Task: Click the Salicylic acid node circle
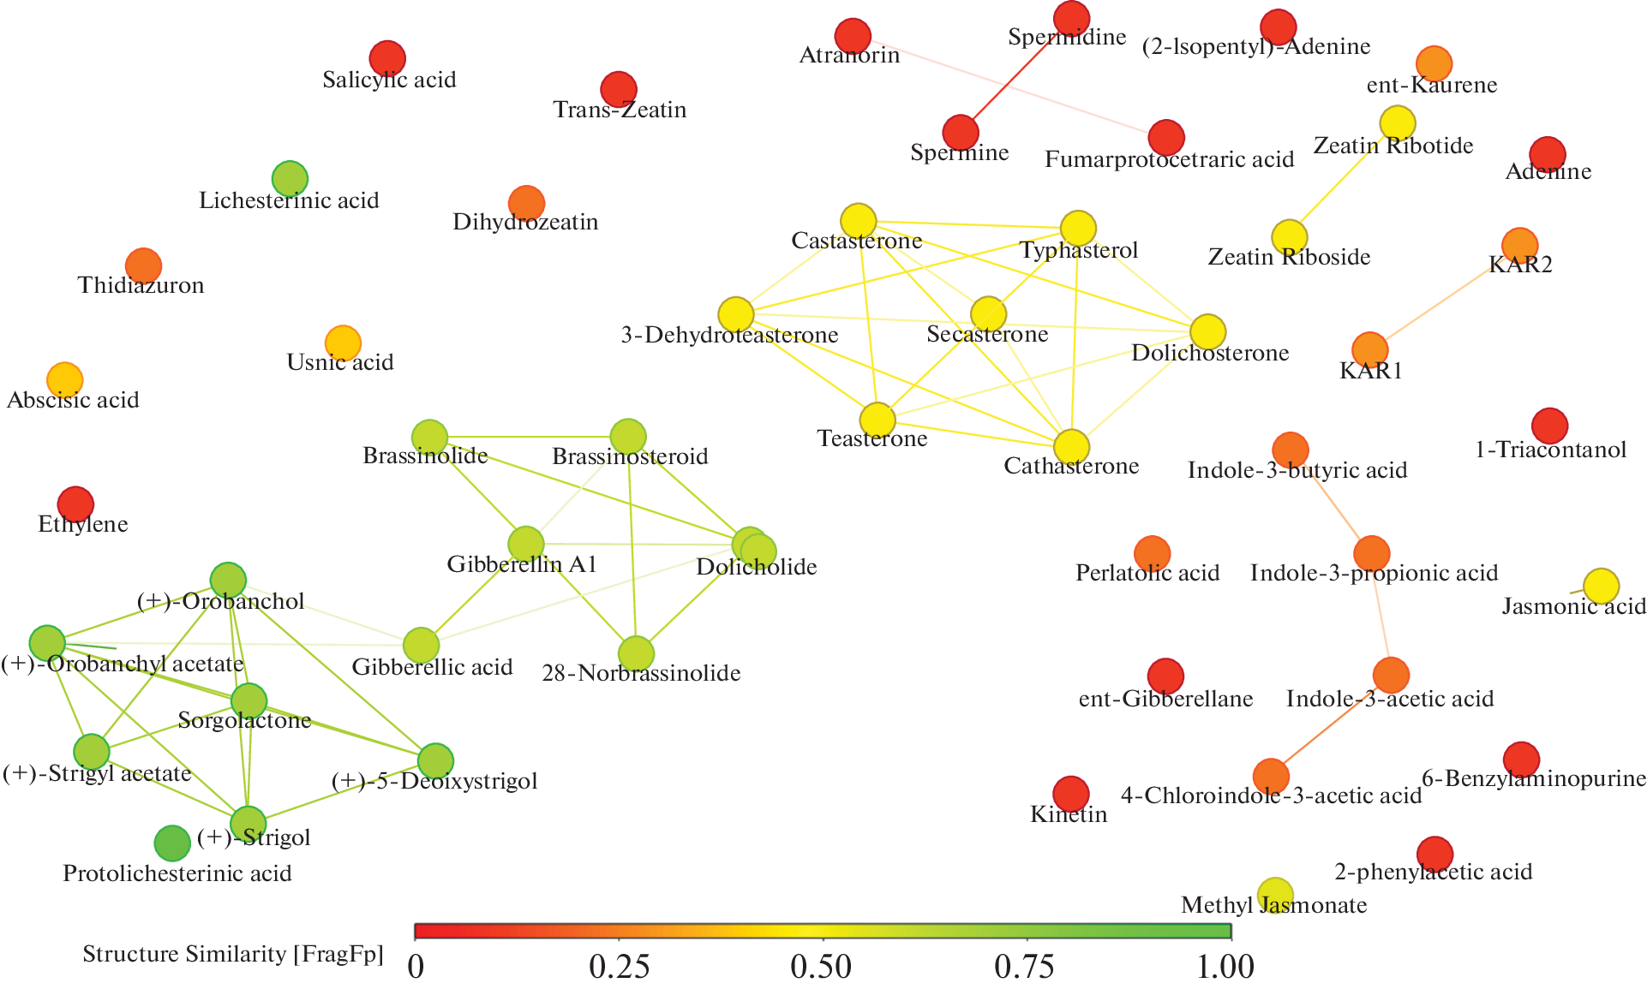point(387,58)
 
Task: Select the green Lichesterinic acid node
point(290,179)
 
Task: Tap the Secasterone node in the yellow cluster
point(988,314)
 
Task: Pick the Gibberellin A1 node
point(526,544)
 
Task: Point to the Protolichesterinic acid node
point(172,843)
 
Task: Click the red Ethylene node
point(75,504)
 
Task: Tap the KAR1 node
point(1369,349)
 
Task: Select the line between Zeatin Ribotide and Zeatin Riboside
point(1344,180)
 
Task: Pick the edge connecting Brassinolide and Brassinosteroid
point(529,437)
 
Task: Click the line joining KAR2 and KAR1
point(1445,297)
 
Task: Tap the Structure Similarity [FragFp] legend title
point(232,954)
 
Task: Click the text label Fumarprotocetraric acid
point(1169,159)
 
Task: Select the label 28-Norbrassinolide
point(641,673)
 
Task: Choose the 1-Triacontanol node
point(1549,426)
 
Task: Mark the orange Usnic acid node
point(343,343)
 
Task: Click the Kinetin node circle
point(1070,794)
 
